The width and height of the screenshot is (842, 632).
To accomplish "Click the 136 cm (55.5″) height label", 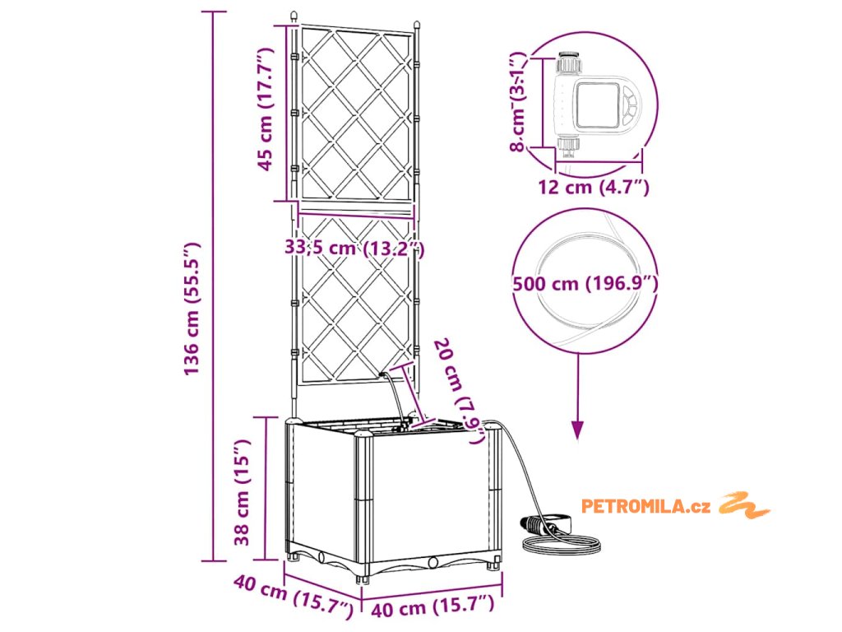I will pyautogui.click(x=192, y=309).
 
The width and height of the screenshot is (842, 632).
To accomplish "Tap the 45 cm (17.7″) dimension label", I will pyautogui.click(x=265, y=109).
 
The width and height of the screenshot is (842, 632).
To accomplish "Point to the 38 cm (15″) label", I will pyautogui.click(x=243, y=493).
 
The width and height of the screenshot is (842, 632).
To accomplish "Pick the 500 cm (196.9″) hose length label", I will pyautogui.click(x=585, y=284).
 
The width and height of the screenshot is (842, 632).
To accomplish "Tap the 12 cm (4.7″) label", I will pyautogui.click(x=594, y=188).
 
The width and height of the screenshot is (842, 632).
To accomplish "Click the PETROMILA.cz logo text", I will pyautogui.click(x=645, y=506).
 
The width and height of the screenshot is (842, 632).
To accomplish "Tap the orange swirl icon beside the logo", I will pyautogui.click(x=743, y=504).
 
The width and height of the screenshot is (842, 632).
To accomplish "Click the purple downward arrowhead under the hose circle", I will pyautogui.click(x=578, y=430).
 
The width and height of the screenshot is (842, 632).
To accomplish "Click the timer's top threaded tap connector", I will pyautogui.click(x=567, y=63).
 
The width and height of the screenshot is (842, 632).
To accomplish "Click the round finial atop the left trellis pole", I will pyautogui.click(x=294, y=16).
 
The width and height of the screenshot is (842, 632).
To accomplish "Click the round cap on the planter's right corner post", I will pyautogui.click(x=493, y=427).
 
